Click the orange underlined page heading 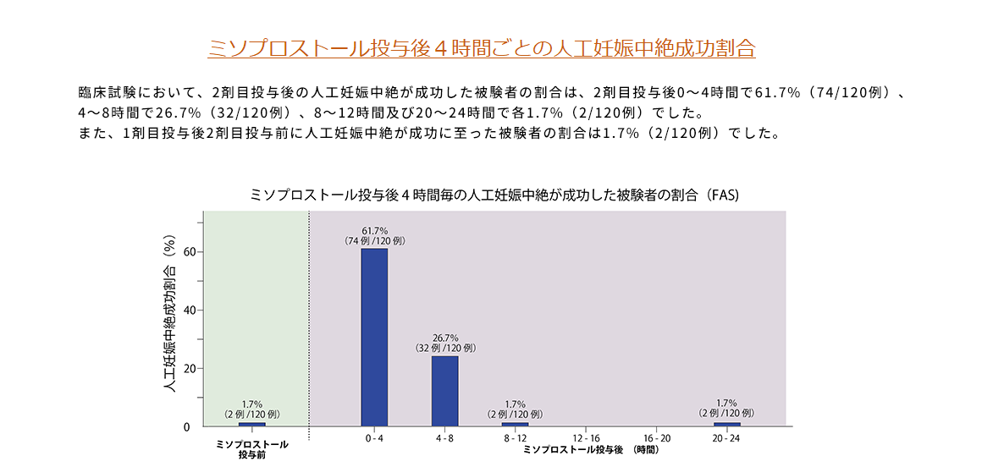(481, 47)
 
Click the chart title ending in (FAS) (495, 195)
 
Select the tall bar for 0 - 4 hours (374, 337)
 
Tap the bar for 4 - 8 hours (444, 391)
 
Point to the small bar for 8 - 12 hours (515, 424)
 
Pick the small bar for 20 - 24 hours (726, 424)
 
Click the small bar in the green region (251, 424)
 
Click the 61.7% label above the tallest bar (374, 230)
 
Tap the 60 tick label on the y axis (189, 252)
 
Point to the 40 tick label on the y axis (189, 310)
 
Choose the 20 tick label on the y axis (189, 369)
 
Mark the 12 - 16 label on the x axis (586, 438)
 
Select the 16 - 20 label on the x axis (656, 438)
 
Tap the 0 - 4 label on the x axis (374, 438)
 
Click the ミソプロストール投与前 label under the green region (252, 449)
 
